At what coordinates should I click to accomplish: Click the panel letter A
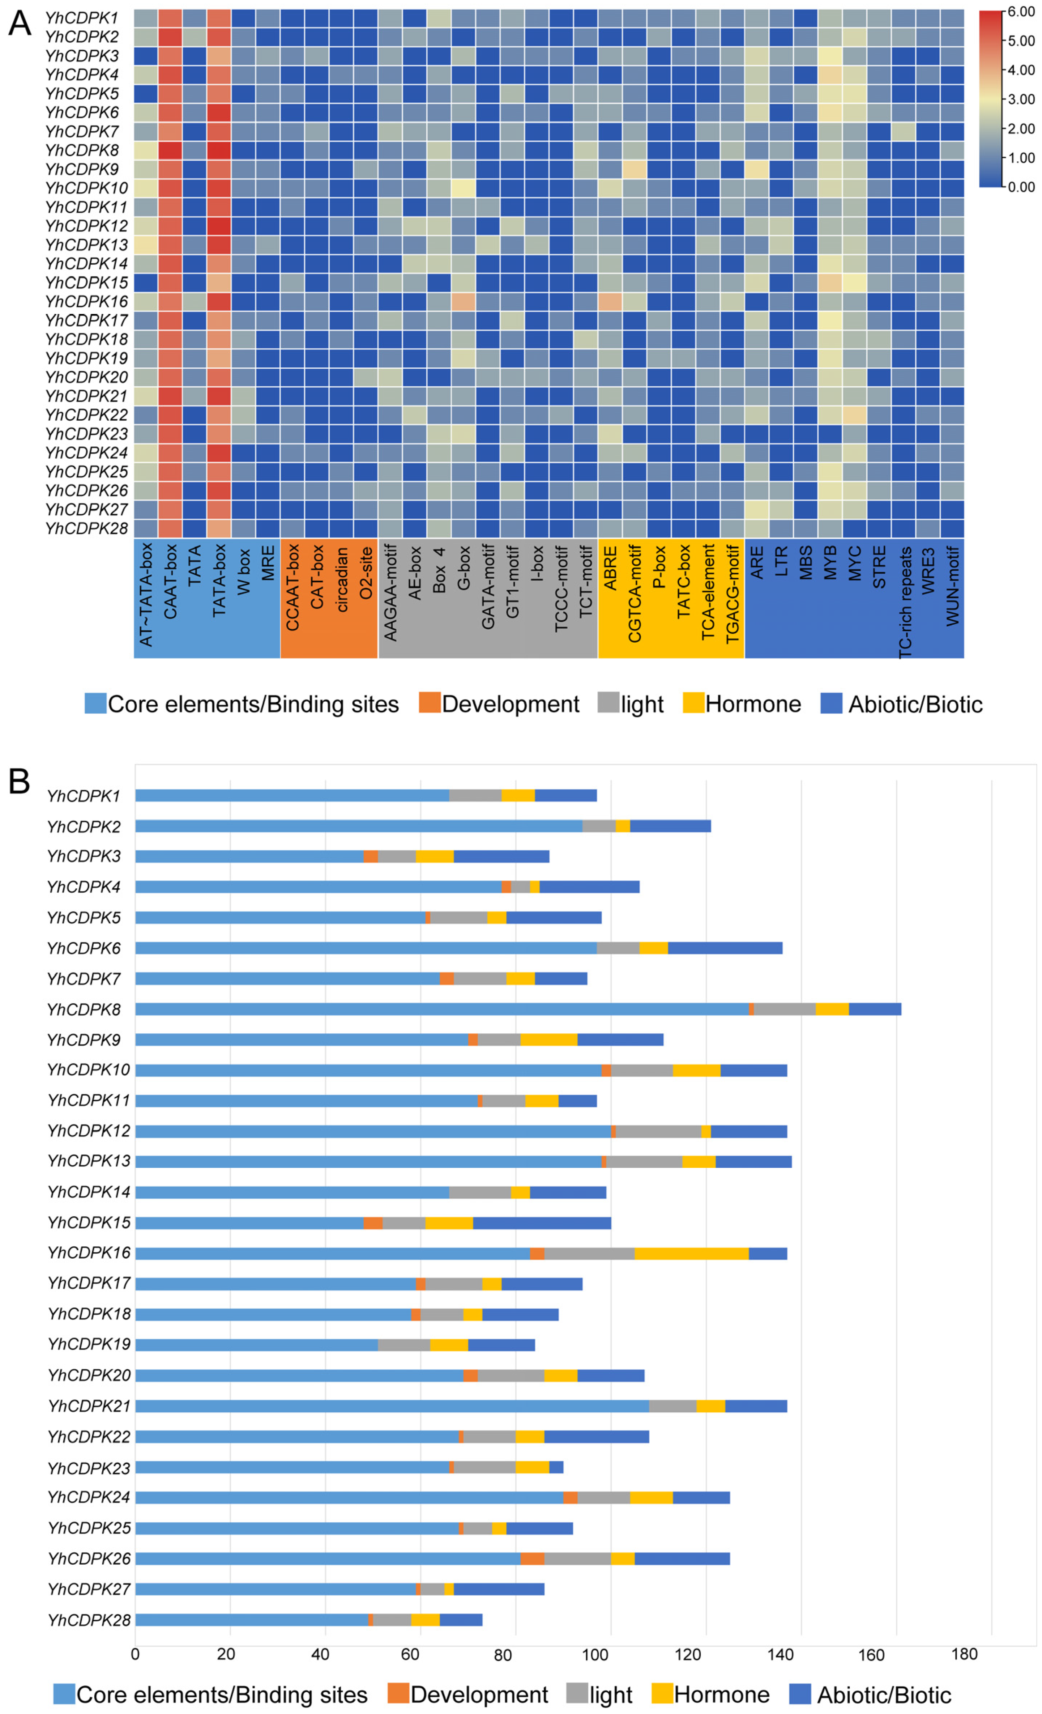(20, 22)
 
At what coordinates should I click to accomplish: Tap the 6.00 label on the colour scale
(1021, 12)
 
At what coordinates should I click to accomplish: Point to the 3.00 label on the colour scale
(1021, 99)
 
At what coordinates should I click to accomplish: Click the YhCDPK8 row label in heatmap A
(82, 150)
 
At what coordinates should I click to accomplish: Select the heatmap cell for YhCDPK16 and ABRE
(610, 301)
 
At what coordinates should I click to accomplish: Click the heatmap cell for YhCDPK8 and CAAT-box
(170, 150)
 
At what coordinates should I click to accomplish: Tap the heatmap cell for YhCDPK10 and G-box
(463, 188)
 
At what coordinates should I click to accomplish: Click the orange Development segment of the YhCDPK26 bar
(532, 1559)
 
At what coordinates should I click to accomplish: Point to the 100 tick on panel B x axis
(596, 1655)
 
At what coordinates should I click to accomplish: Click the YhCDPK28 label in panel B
(88, 1620)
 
